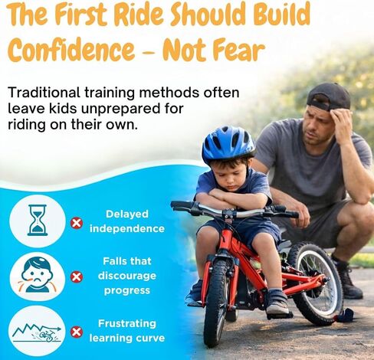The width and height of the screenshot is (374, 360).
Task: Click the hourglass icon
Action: click(x=38, y=220)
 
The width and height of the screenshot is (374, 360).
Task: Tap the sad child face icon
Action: click(x=38, y=275)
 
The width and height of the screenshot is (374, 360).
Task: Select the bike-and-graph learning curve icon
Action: click(x=38, y=333)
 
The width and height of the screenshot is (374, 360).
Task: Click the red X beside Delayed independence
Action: click(x=77, y=223)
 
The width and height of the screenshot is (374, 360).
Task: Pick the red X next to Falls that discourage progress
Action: click(x=77, y=277)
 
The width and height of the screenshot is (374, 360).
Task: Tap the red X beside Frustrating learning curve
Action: click(x=77, y=332)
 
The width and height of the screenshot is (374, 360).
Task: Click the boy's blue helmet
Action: click(x=228, y=144)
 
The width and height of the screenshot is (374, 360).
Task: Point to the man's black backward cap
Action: click(x=329, y=97)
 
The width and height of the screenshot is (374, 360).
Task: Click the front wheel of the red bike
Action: click(x=217, y=303)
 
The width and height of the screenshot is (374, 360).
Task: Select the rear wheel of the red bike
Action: click(x=315, y=283)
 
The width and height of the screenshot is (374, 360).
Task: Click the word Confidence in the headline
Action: click(x=71, y=50)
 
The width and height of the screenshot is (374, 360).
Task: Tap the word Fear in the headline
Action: click(x=238, y=50)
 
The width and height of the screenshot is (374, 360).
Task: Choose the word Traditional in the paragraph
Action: click(x=44, y=93)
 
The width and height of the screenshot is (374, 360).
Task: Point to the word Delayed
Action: click(x=127, y=214)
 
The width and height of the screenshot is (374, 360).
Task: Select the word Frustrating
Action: click(x=127, y=324)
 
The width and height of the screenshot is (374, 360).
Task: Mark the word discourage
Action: click(x=127, y=276)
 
